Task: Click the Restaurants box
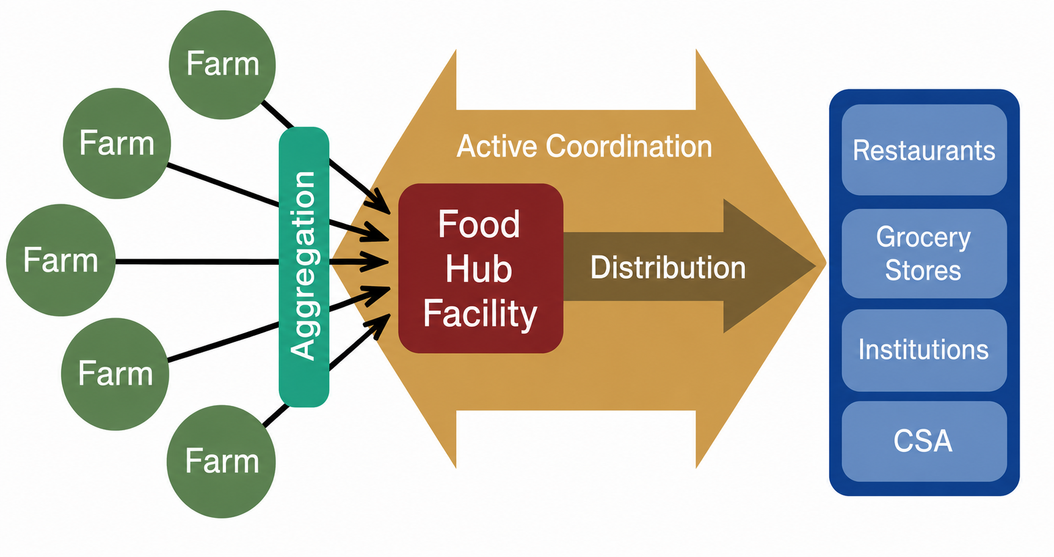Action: click(924, 150)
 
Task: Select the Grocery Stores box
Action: click(924, 254)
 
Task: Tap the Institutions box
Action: click(924, 350)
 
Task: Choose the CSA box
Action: click(924, 441)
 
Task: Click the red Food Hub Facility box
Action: click(481, 268)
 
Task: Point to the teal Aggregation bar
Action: click(304, 267)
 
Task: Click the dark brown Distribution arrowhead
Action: click(769, 266)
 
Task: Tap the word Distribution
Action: click(668, 268)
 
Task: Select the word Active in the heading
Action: click(497, 147)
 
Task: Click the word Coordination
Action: click(629, 147)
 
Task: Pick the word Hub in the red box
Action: click(479, 269)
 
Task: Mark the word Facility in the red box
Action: click(480, 314)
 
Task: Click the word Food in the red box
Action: click(479, 224)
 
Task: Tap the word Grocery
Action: click(923, 238)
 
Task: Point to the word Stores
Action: click(923, 270)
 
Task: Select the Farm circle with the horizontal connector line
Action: click(60, 260)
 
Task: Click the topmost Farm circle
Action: click(222, 65)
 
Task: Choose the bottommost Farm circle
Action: click(221, 462)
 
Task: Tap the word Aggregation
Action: click(303, 265)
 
